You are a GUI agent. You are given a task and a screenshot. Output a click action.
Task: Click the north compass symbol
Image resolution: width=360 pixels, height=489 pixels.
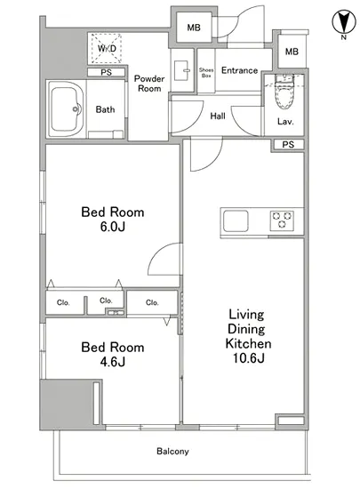coord(344,22)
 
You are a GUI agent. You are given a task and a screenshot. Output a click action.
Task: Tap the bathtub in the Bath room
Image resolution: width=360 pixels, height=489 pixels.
coord(66,109)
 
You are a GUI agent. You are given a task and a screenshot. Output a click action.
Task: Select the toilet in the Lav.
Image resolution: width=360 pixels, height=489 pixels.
coord(284,92)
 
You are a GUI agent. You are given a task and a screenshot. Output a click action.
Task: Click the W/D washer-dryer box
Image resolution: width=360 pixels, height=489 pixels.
coord(107,48)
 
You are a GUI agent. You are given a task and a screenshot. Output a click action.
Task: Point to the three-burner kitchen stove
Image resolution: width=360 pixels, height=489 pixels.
coord(282,220)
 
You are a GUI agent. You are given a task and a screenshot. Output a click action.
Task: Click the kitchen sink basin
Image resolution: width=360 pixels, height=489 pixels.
coord(236,221)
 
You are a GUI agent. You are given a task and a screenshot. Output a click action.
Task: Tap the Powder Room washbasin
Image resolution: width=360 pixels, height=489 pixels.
coord(182,70)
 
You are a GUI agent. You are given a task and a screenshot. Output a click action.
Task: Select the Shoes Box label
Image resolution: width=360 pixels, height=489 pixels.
coord(206,73)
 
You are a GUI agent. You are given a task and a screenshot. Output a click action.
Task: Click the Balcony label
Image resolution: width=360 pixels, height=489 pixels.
coord(172,452)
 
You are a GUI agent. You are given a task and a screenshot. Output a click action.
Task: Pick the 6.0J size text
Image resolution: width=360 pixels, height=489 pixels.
coord(113,227)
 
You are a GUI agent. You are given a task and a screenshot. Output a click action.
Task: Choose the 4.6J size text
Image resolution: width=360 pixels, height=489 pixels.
coord(113,362)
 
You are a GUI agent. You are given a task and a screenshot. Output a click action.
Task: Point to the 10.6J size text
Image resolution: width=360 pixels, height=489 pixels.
coord(248,358)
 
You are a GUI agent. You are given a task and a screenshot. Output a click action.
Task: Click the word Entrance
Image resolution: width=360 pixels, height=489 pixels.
coord(239,70)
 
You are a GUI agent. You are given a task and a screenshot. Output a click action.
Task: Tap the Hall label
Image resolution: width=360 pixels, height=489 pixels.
coord(218,116)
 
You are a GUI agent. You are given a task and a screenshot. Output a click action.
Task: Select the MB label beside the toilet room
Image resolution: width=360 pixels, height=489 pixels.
coord(292,52)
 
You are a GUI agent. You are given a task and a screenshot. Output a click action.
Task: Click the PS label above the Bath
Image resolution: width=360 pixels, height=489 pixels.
coord(106,72)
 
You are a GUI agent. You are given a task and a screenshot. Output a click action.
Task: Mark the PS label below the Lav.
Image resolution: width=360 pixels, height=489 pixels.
coord(288,144)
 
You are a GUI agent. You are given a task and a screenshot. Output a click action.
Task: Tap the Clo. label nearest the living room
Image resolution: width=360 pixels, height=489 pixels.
coord(152,302)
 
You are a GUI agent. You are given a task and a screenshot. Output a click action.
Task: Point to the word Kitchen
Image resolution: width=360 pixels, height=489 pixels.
coord(248,343)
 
